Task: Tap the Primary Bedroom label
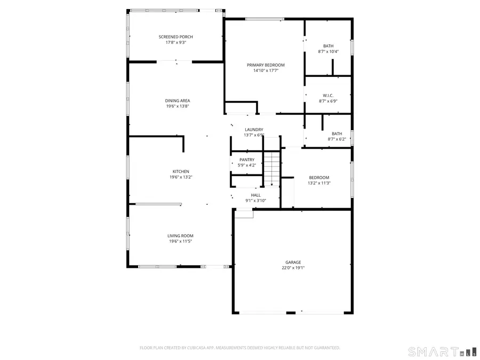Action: (x=266, y=65)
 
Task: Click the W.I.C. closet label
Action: (x=328, y=95)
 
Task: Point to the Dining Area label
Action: (x=178, y=100)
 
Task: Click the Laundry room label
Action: (x=254, y=130)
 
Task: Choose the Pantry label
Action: (x=246, y=159)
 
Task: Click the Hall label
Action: (x=255, y=195)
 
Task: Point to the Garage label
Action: (x=293, y=262)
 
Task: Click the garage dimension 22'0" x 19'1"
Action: (x=293, y=268)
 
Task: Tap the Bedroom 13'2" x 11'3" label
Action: (x=319, y=178)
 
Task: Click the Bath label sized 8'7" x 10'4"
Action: (x=328, y=46)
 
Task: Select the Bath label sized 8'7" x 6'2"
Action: (x=337, y=134)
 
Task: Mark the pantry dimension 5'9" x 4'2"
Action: (x=246, y=165)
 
